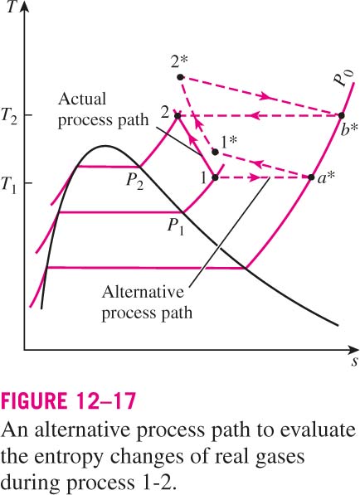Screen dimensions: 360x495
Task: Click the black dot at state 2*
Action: [x=180, y=77]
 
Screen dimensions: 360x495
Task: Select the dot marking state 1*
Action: [x=215, y=153]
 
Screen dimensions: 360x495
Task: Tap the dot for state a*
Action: [x=311, y=177]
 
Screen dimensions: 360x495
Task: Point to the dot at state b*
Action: [x=342, y=115]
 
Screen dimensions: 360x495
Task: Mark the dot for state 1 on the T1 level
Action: [x=215, y=177]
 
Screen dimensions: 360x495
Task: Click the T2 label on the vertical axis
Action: [x=9, y=116]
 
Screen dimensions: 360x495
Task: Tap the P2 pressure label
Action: [x=135, y=182]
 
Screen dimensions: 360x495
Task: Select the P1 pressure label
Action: [x=176, y=226]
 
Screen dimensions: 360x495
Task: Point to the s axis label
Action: [x=355, y=362]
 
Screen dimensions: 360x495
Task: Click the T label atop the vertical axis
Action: [x=12, y=7]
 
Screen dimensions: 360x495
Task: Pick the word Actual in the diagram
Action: [x=82, y=99]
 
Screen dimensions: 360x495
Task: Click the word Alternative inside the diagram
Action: [x=143, y=292]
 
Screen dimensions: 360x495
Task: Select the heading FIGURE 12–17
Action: [x=69, y=400]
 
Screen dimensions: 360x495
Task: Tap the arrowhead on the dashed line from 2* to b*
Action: [x=265, y=96]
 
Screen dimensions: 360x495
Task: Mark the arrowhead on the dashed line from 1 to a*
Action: [x=255, y=177]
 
